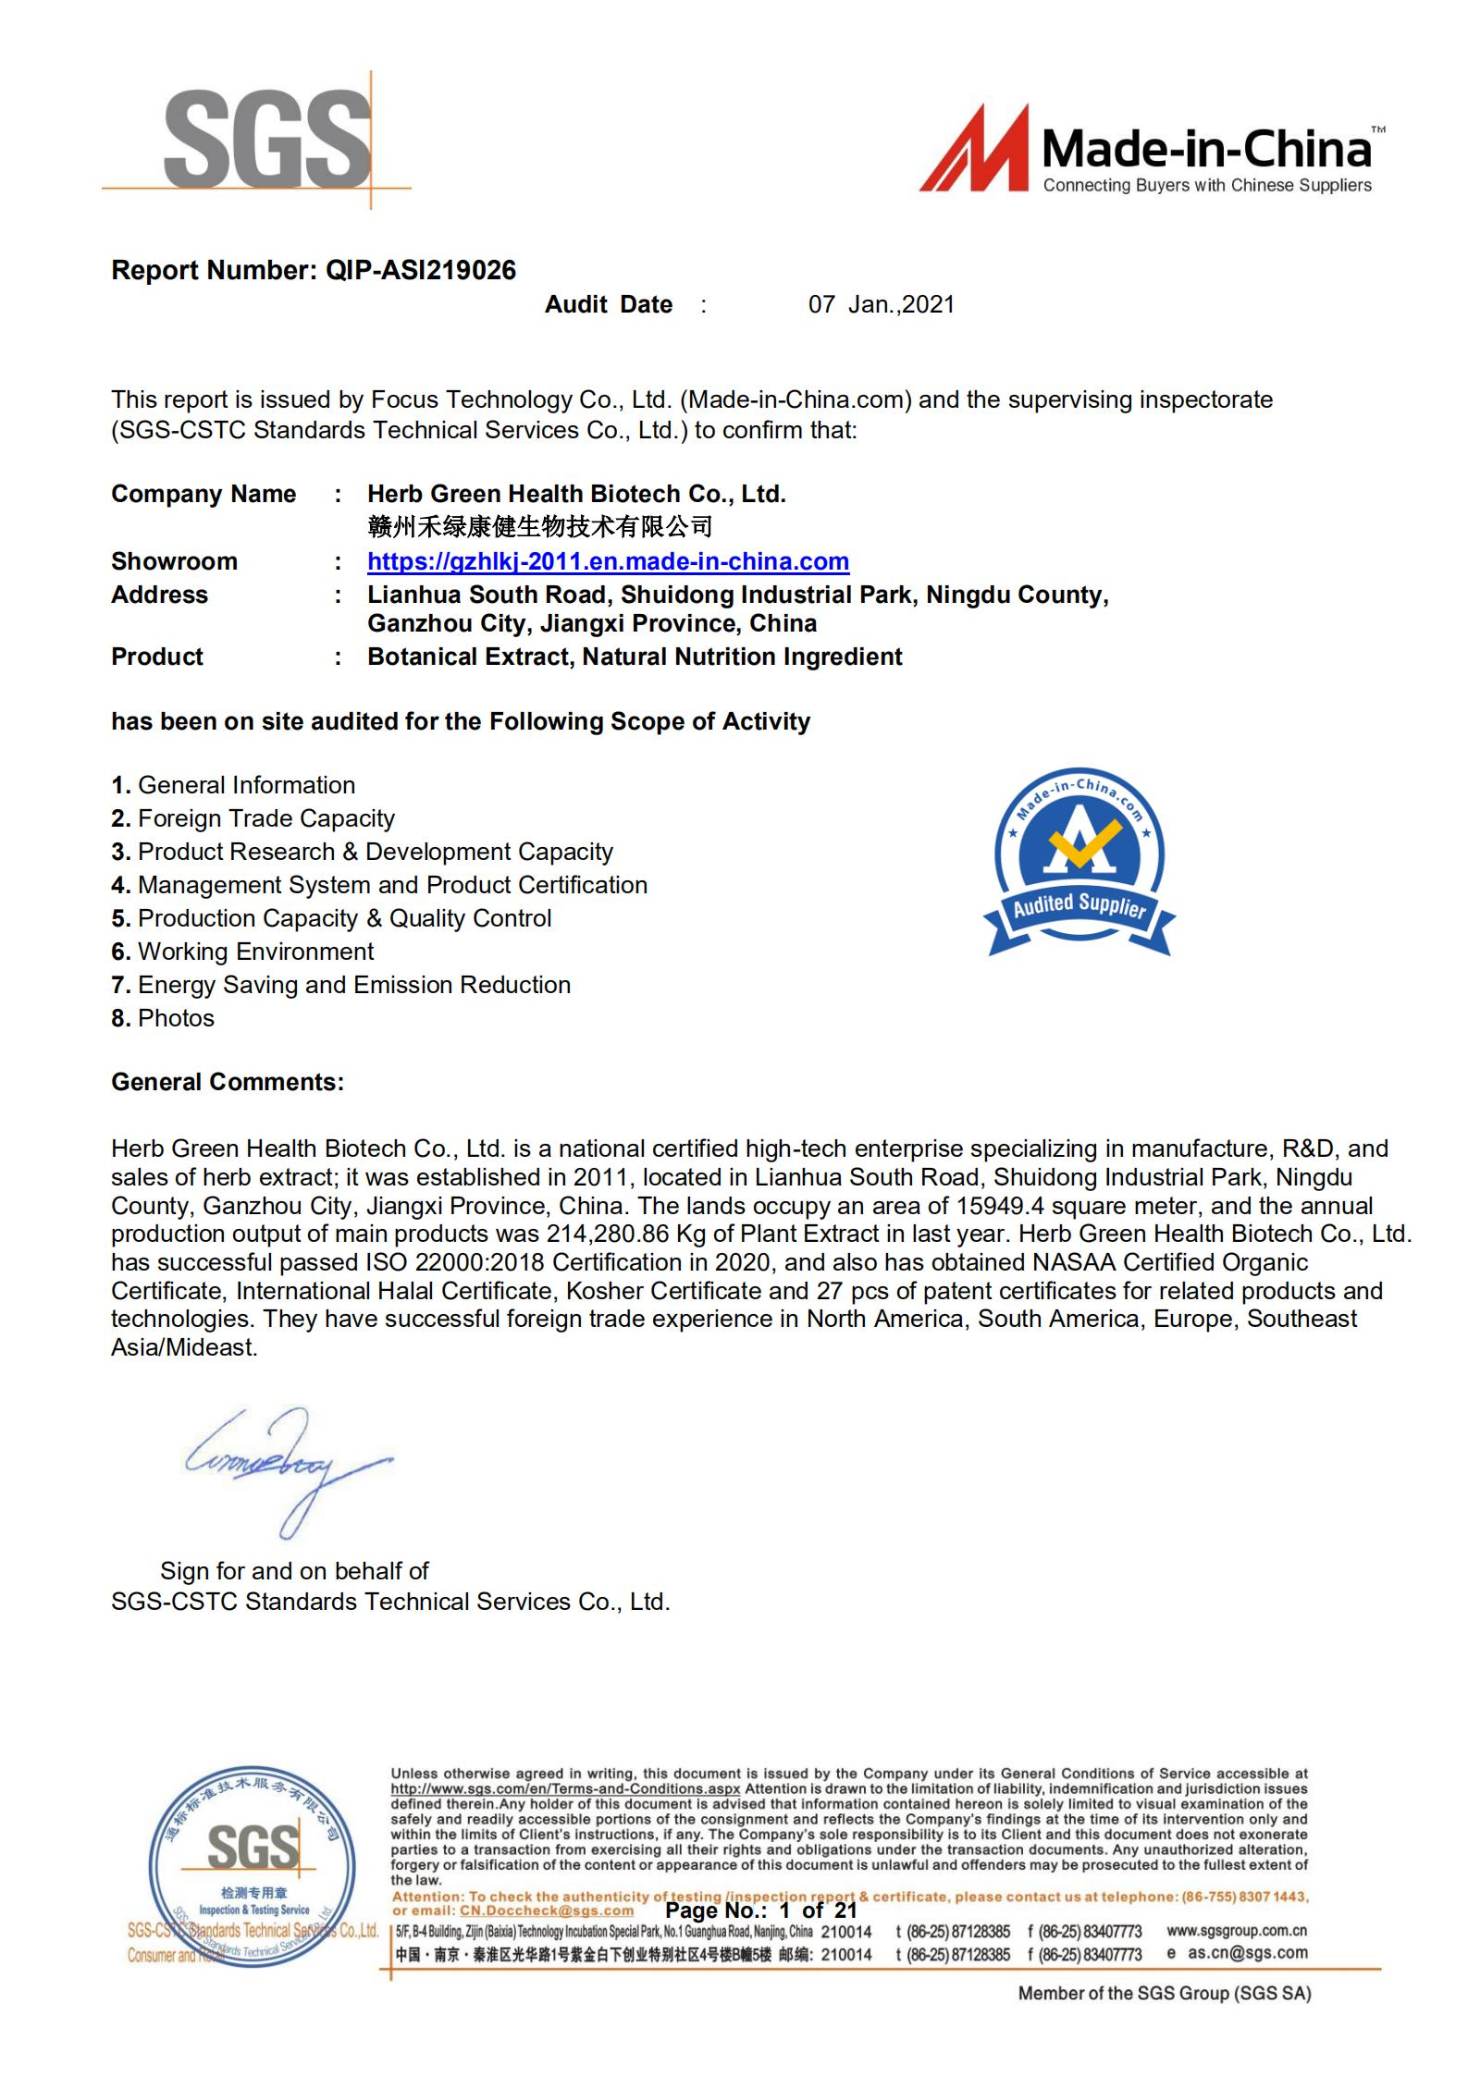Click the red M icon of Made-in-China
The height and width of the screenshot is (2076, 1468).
(x=973, y=150)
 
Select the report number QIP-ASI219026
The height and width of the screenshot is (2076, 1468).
(x=421, y=271)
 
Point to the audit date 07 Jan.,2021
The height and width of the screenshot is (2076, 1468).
(x=881, y=305)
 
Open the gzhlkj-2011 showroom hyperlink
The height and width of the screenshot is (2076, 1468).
(x=608, y=561)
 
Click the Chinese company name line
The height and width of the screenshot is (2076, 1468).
(x=539, y=527)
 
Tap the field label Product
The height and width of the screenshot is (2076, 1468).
(x=157, y=657)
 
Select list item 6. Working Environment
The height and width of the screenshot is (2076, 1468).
(x=242, y=952)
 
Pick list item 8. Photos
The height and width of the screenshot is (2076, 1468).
(x=163, y=1018)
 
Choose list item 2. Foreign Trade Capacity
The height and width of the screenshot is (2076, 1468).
(x=253, y=818)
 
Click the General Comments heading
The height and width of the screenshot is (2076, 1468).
(x=228, y=1082)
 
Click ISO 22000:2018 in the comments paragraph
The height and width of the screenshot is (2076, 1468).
(x=432, y=1262)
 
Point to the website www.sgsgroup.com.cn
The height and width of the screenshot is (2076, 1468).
(x=1237, y=1930)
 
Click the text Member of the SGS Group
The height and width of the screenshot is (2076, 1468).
(x=1164, y=1994)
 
